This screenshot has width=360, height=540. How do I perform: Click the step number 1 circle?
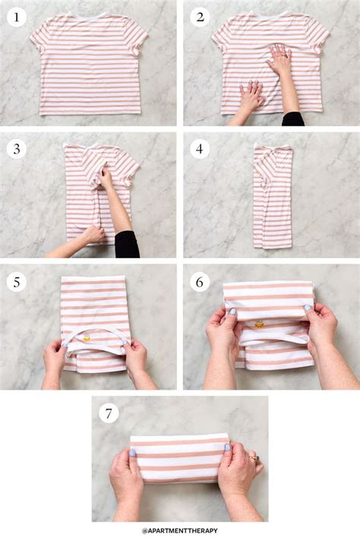(16, 17)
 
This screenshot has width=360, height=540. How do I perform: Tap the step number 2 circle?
(201, 17)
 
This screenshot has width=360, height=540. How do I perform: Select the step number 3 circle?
(16, 149)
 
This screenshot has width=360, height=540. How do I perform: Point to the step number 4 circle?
(200, 149)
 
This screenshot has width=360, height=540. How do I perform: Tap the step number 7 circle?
(109, 413)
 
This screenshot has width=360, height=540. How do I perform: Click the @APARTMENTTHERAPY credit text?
(180, 531)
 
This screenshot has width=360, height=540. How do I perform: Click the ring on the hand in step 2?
(285, 55)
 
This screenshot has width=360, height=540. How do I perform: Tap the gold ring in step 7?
(254, 458)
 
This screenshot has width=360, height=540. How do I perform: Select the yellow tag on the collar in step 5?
(87, 338)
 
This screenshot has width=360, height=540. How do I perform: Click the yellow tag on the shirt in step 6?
(259, 324)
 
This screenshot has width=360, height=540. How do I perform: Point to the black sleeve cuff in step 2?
(293, 118)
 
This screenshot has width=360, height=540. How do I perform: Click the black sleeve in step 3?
(127, 245)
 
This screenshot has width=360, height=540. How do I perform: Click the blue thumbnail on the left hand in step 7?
(132, 453)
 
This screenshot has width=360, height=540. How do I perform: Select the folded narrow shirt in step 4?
(273, 196)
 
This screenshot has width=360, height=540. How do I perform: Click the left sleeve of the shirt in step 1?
(39, 38)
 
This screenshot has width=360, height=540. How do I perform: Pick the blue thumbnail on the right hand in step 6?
(308, 307)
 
